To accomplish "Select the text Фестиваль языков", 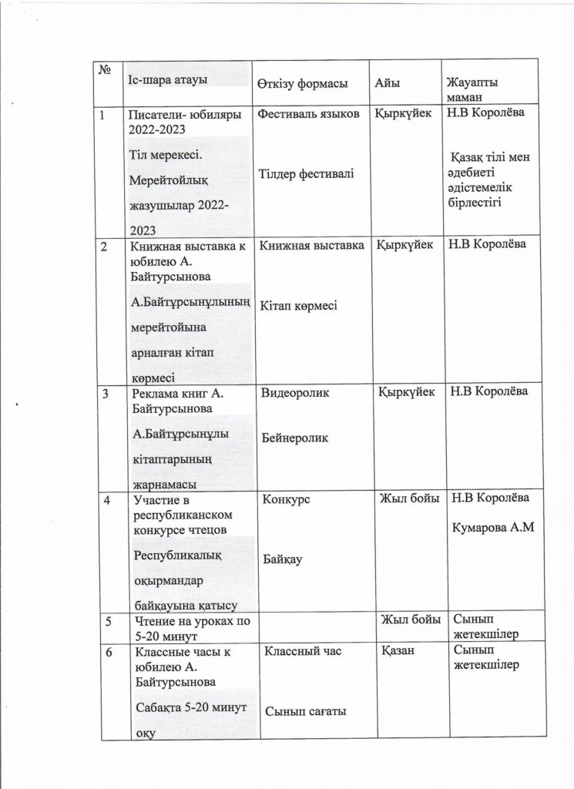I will point(309,114).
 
